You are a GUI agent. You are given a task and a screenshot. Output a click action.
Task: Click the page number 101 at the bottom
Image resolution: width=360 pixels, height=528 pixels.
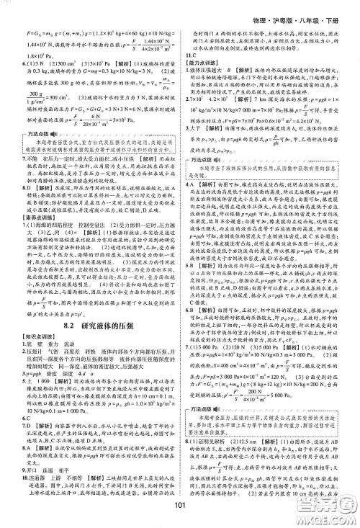click(180, 514)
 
